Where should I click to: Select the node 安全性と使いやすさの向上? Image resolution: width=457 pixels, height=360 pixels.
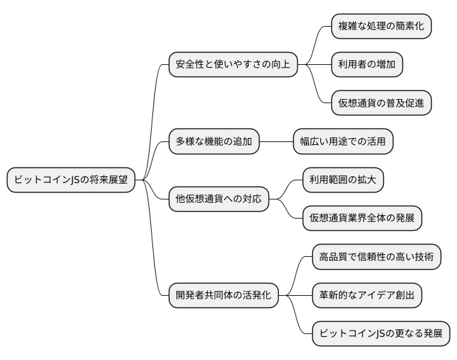(x=233, y=65)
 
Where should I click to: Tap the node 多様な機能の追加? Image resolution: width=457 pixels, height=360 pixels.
(x=214, y=142)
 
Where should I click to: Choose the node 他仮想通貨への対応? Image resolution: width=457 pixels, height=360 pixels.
(x=218, y=199)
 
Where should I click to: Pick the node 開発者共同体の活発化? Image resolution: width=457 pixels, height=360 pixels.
(x=223, y=296)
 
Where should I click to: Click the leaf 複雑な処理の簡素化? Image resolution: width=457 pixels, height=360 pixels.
(x=381, y=26)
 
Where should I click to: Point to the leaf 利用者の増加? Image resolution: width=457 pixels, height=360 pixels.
(x=366, y=65)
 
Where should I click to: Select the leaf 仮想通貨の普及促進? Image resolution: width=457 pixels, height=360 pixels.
(x=381, y=103)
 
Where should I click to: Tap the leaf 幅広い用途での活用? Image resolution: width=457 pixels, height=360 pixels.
(x=343, y=142)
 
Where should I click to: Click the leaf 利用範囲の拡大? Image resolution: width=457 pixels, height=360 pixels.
(x=343, y=180)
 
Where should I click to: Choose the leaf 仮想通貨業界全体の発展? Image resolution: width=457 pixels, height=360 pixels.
(x=362, y=219)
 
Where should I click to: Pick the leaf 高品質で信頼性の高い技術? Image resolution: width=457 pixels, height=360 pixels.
(x=376, y=258)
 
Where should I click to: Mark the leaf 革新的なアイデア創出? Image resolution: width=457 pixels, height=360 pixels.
(x=366, y=296)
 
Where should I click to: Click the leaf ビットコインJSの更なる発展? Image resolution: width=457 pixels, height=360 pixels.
(x=380, y=334)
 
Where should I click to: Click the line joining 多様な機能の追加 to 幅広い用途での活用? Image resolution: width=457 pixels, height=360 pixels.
(x=276, y=142)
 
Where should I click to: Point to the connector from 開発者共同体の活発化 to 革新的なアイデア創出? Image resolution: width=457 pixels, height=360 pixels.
(x=295, y=296)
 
